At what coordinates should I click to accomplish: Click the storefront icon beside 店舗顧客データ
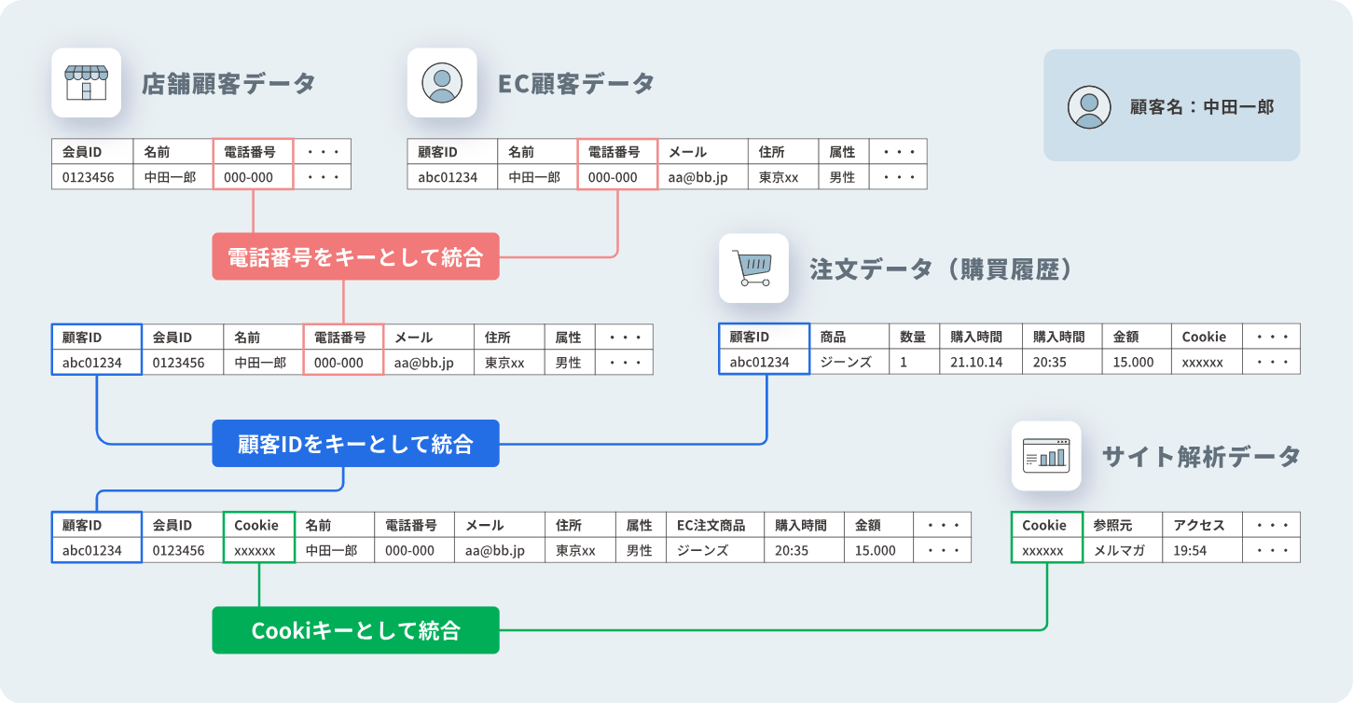(x=87, y=83)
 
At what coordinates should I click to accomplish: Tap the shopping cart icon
(x=753, y=269)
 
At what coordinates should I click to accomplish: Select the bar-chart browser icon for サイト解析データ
(x=1046, y=456)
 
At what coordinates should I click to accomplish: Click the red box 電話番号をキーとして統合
(x=356, y=256)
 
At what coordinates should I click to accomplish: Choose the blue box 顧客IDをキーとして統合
(x=356, y=443)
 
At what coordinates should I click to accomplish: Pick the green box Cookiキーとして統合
(x=356, y=630)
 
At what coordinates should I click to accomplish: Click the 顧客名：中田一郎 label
(x=1201, y=107)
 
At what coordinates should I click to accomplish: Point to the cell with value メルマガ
(x=1123, y=550)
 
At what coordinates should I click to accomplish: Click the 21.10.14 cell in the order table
(x=981, y=362)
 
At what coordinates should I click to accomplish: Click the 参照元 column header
(x=1123, y=525)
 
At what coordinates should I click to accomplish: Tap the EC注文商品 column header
(x=715, y=525)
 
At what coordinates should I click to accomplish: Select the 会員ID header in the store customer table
(x=92, y=152)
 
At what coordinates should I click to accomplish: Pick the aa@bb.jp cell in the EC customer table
(x=703, y=177)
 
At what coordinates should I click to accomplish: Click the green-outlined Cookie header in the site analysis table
(x=1047, y=525)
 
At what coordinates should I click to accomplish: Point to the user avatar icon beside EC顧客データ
(x=442, y=83)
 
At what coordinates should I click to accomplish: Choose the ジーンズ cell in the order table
(x=849, y=362)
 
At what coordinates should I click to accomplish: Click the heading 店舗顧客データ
(x=228, y=83)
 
